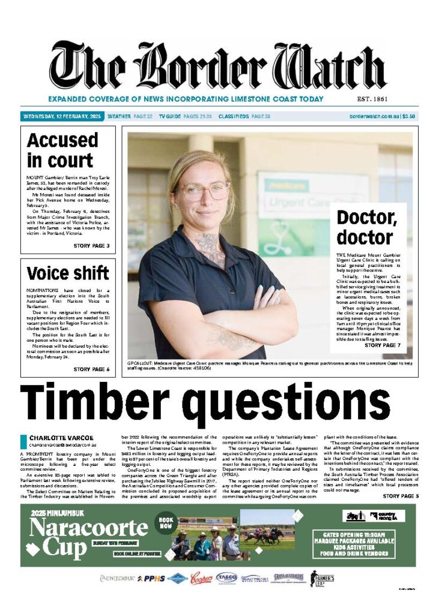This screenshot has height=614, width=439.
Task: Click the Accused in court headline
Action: [x=62, y=150]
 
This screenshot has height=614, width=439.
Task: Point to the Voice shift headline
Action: [x=68, y=273]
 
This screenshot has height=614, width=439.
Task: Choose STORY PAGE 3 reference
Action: [x=91, y=246]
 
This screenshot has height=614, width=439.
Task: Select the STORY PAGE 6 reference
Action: [x=91, y=369]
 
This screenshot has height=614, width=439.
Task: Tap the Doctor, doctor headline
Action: [x=365, y=227]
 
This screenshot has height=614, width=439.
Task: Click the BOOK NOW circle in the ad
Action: [x=166, y=523]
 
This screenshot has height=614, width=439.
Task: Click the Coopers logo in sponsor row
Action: [x=201, y=578]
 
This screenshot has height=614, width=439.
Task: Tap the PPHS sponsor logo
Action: [x=150, y=579]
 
